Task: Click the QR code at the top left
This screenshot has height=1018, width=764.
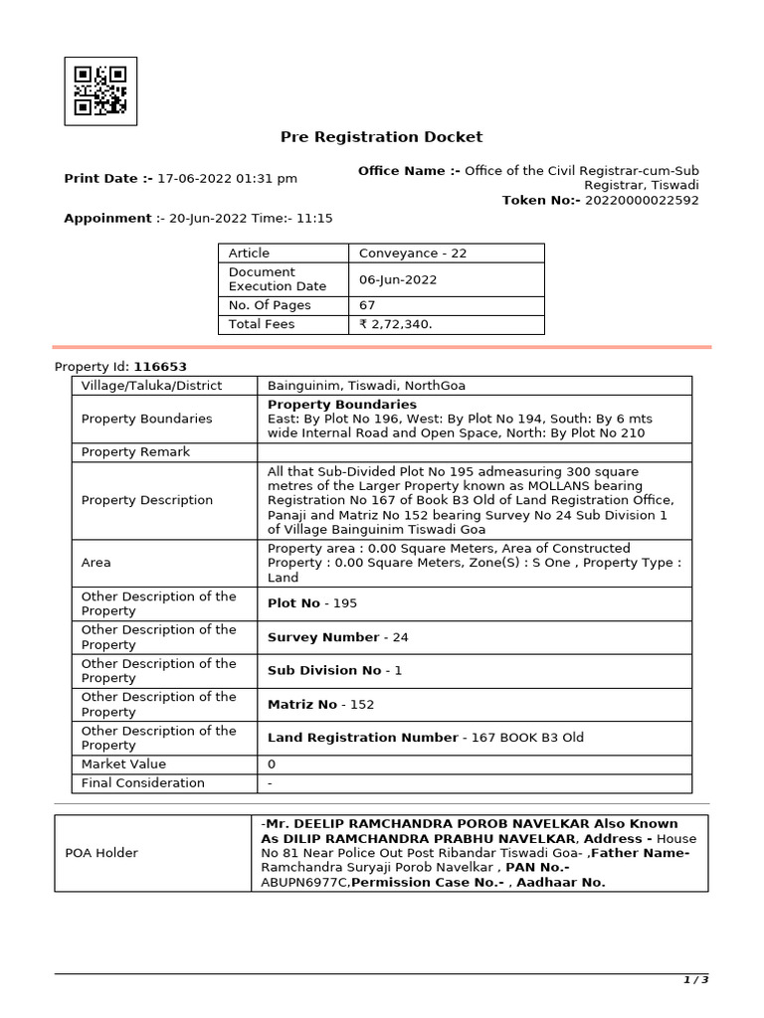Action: point(100,90)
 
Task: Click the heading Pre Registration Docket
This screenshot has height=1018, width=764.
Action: point(381,137)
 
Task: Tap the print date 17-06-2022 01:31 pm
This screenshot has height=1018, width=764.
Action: point(227,179)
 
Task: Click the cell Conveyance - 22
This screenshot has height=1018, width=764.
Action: point(413,254)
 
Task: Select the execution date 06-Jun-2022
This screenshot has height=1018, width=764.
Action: point(398,279)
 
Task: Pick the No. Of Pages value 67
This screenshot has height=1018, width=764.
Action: point(367,305)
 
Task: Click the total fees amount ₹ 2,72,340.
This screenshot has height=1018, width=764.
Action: point(396,324)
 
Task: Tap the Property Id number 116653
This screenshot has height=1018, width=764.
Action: point(160,367)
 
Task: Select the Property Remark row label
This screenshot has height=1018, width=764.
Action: point(135,452)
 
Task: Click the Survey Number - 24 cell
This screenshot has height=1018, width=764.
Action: point(337,637)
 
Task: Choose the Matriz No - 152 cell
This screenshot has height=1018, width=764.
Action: point(320,705)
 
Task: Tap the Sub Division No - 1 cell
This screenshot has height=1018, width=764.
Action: point(334,671)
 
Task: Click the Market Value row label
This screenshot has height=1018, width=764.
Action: point(123,764)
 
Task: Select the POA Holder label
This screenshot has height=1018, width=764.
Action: point(101,853)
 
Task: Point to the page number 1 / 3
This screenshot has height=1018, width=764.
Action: point(695,980)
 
